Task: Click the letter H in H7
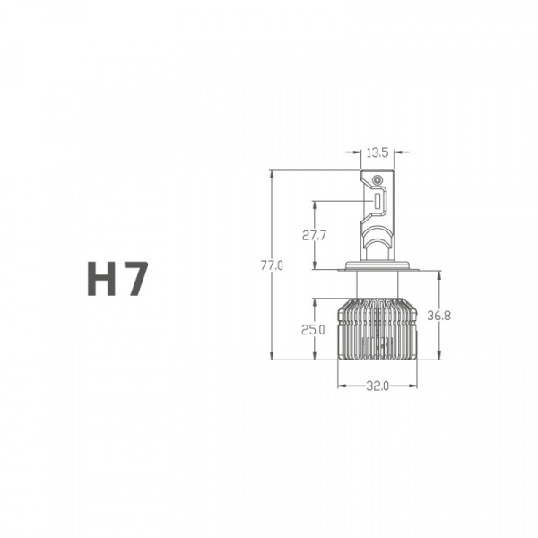(x=102, y=278)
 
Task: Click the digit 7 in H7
(x=135, y=278)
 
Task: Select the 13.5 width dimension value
(x=377, y=152)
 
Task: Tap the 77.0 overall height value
(x=272, y=265)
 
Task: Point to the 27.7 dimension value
(x=314, y=236)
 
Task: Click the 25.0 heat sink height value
(x=313, y=330)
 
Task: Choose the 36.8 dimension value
(x=438, y=316)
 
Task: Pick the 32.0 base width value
(x=377, y=386)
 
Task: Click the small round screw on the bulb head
(x=377, y=179)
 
